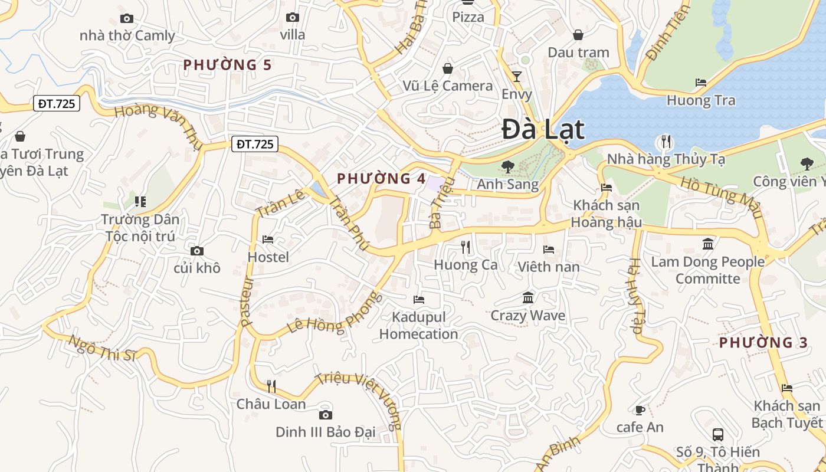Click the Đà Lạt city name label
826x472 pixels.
coord(543,130)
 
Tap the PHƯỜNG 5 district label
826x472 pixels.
coord(227,65)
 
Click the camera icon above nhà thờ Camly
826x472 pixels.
coord(127,19)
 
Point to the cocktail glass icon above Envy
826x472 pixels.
coord(517,77)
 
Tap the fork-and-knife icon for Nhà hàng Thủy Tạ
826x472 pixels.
coord(666,141)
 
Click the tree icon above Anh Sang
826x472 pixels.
coord(507,167)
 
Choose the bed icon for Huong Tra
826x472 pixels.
coord(701,83)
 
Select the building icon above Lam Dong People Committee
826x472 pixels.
coord(708,244)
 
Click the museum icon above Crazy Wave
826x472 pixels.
coord(528,297)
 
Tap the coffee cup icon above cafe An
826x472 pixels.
coord(640,409)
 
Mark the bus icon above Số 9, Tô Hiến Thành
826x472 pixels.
coord(718,435)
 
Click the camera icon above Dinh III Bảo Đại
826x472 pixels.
coord(325,415)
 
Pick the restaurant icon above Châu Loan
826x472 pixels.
coord(271,386)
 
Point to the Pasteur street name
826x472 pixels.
coord(247,302)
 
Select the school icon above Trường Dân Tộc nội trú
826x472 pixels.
coord(140,202)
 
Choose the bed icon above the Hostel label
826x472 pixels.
coord(268,240)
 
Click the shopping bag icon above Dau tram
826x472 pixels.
coord(578,35)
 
